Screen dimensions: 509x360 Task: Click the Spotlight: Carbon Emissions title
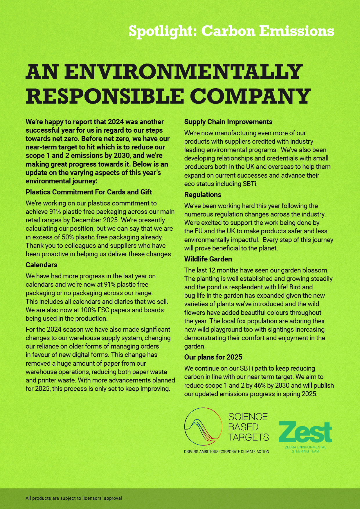(x=231, y=31)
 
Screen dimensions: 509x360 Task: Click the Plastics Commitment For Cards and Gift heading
(x=89, y=192)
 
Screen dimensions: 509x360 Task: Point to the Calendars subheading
(x=42, y=265)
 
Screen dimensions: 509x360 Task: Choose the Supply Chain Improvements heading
(x=228, y=122)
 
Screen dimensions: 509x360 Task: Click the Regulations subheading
(x=203, y=195)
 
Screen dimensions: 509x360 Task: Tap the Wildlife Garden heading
(x=208, y=259)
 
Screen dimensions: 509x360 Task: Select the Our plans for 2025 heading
(x=213, y=357)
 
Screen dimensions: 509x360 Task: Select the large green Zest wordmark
(x=305, y=432)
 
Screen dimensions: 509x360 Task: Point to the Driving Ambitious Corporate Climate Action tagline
(x=226, y=452)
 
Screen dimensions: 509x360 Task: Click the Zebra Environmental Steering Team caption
(x=305, y=449)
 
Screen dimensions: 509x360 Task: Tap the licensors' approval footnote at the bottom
(x=74, y=498)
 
